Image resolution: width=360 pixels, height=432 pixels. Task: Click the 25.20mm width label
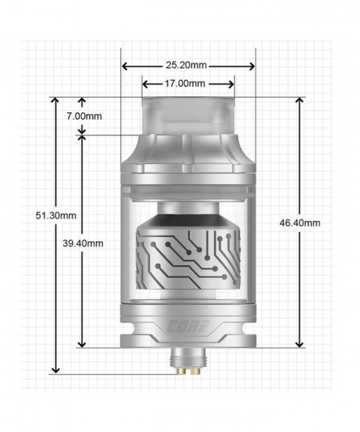click(188, 65)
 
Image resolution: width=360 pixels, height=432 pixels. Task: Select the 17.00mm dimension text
click(188, 83)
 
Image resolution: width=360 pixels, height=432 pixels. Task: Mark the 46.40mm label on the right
click(300, 223)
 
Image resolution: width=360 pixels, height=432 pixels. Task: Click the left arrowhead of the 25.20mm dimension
click(125, 65)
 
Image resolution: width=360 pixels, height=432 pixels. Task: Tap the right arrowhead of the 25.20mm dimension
click(252, 65)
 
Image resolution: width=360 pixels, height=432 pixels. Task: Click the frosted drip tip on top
click(188, 114)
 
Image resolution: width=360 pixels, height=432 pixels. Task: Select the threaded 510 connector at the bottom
click(188, 362)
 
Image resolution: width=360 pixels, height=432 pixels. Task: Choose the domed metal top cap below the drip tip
click(188, 153)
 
